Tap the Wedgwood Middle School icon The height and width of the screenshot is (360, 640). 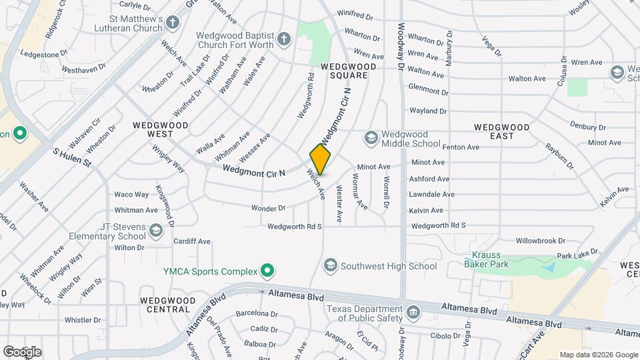click(x=370, y=138)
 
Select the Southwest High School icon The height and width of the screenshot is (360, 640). click(x=329, y=266)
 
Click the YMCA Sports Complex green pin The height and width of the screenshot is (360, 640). click(x=267, y=271)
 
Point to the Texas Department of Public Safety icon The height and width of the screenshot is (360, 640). click(x=413, y=312)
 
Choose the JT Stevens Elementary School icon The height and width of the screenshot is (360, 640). click(x=155, y=231)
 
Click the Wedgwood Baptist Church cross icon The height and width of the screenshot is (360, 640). click(x=285, y=39)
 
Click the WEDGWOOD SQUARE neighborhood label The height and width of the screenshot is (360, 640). click(x=344, y=71)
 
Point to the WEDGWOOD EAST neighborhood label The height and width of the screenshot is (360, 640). click(x=501, y=131)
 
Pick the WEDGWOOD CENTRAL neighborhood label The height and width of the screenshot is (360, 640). click(x=165, y=305)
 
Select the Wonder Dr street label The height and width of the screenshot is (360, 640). click(x=268, y=208)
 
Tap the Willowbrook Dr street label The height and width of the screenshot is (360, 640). click(x=540, y=241)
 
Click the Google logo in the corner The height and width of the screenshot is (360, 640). click(x=22, y=351)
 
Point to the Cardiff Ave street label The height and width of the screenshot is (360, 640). click(x=191, y=241)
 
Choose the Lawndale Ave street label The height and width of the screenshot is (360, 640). click(x=433, y=195)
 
